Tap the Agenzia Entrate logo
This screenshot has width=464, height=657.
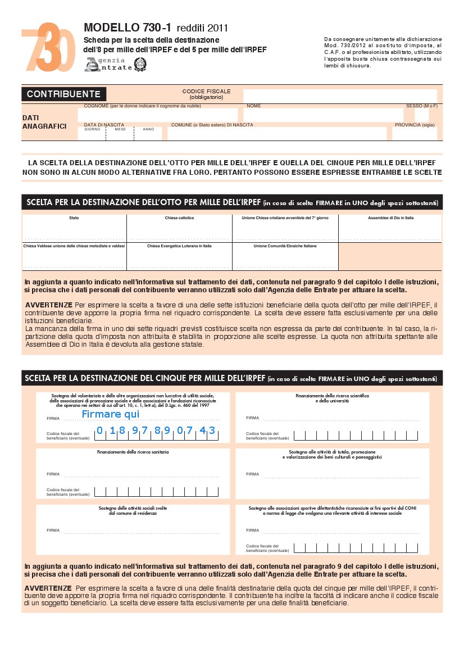point(108,64)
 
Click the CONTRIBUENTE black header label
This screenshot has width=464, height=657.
point(63,94)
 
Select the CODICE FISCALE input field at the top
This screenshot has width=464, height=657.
point(339,96)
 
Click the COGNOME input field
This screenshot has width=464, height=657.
point(160,115)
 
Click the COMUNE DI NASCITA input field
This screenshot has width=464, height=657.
point(277,134)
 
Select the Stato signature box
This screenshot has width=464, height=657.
point(74,229)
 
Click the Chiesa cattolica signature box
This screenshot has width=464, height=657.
point(179,229)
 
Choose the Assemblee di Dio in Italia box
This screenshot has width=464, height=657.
point(390,229)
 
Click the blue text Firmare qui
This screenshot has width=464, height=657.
point(110,414)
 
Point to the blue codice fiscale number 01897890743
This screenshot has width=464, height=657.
point(156,431)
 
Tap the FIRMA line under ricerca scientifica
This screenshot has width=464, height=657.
point(340,418)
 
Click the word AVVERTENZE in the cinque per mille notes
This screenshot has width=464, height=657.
point(48,588)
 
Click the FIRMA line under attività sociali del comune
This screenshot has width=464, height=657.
point(140,531)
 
